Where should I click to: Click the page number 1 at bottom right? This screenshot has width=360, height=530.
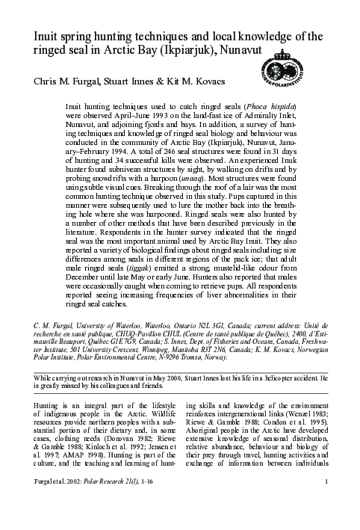(328, 512)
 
